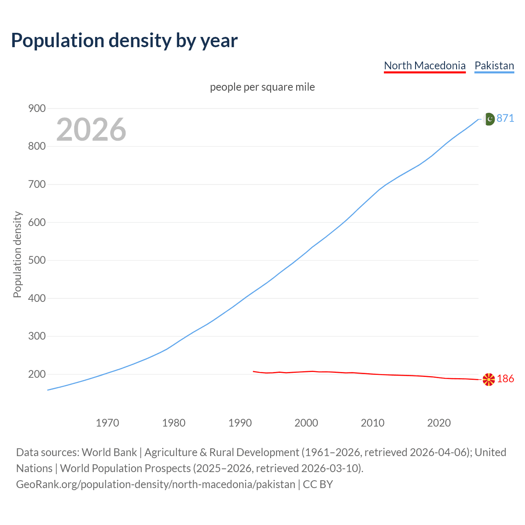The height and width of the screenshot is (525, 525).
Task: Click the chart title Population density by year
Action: (124, 40)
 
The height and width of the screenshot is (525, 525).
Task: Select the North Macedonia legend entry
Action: (425, 66)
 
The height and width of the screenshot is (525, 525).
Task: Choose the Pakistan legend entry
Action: (494, 66)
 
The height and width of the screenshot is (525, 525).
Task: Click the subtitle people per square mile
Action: (262, 87)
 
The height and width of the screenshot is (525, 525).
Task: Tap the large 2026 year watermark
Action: (91, 130)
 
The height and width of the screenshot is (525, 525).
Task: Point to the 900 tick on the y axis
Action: (37, 108)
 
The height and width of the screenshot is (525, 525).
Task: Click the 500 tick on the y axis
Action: (37, 260)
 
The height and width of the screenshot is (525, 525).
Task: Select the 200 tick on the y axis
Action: (37, 374)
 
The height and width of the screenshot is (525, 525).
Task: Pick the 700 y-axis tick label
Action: (37, 184)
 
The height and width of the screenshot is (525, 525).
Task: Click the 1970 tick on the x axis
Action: (107, 422)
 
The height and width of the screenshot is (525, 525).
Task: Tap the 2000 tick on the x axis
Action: (306, 422)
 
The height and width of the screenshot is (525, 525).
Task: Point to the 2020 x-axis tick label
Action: (439, 422)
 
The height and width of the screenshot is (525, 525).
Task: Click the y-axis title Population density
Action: (17, 254)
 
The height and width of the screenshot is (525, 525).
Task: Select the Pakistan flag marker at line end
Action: (489, 119)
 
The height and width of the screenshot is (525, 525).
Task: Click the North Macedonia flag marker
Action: (488, 379)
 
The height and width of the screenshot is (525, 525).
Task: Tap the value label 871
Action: (505, 118)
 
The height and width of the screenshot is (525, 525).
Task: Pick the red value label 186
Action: (505, 379)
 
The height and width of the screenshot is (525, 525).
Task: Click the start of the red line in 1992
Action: (253, 371)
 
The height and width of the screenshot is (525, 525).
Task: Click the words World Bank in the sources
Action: (109, 452)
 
